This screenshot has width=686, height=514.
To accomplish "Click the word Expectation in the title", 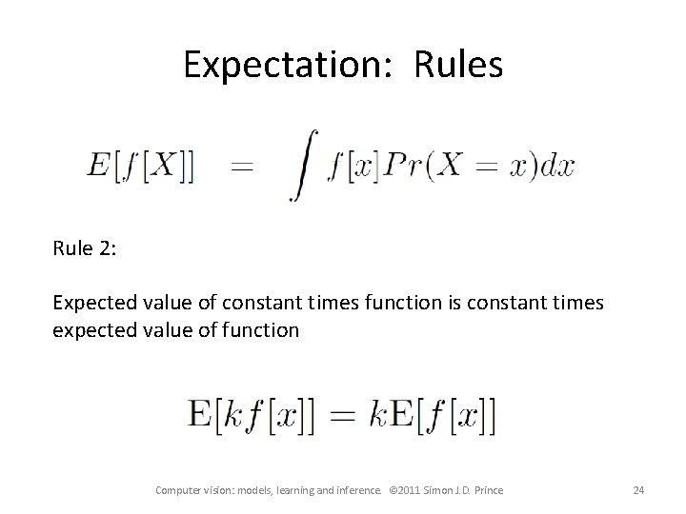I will (271, 65).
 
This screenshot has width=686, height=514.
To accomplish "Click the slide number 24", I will (638, 490).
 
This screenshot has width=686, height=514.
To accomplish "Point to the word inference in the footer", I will (356, 490).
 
